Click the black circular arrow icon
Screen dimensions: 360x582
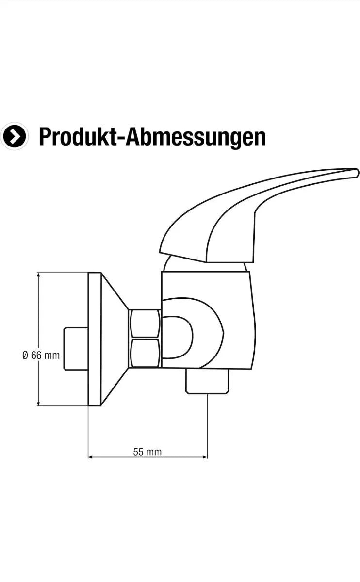(x=14, y=136)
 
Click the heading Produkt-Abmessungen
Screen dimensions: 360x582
(x=152, y=137)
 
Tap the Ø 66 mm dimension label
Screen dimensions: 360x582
(x=41, y=355)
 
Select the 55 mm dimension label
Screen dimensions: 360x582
(x=147, y=452)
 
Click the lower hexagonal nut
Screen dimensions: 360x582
(x=145, y=353)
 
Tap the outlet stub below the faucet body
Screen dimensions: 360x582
(x=208, y=381)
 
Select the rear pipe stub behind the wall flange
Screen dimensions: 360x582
(x=76, y=349)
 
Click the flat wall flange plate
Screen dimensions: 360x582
(x=94, y=339)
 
